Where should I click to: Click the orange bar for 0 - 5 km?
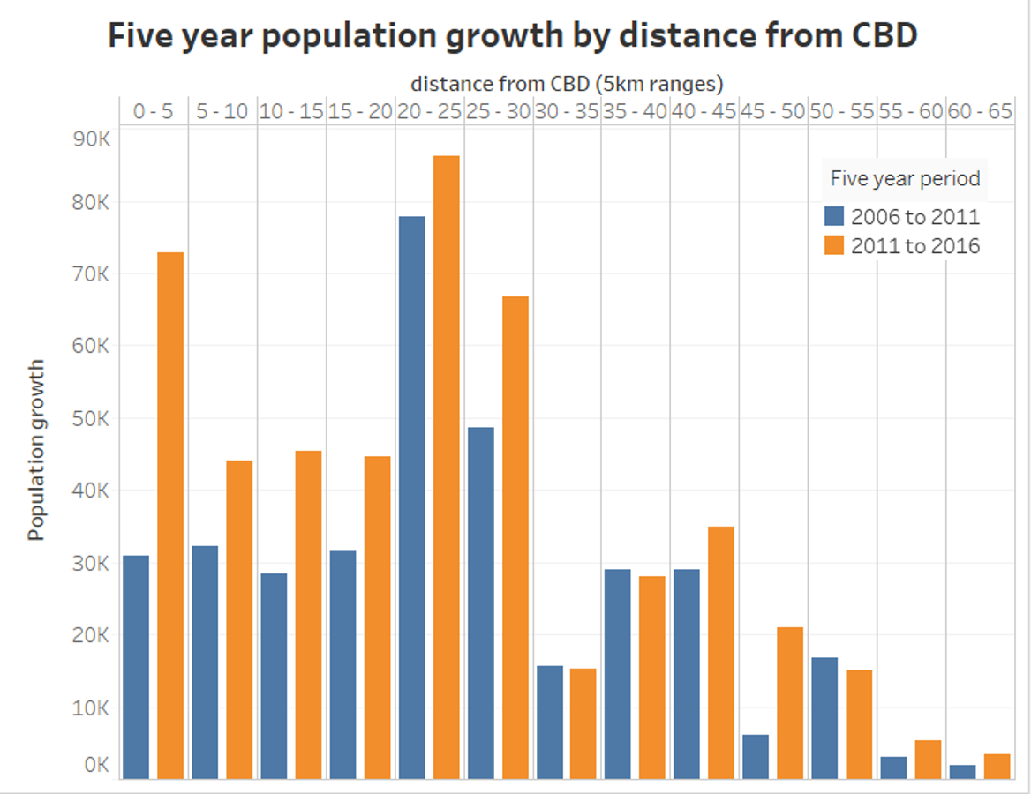pos(170,515)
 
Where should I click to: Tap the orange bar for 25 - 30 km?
pos(515,537)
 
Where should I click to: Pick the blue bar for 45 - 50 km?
pos(756,757)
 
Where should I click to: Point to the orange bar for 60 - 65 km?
pos(997,767)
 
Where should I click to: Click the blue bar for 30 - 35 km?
pos(549,723)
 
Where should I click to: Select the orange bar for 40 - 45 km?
pos(721,653)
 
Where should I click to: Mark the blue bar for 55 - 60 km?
pos(893,768)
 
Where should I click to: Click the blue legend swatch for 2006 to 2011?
pos(834,217)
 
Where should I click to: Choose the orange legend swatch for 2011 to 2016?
pos(834,246)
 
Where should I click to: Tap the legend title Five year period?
pos(905,179)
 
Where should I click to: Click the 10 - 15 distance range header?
pos(291,111)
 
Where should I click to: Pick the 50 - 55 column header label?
pos(842,111)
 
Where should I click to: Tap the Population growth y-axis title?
pos(36,449)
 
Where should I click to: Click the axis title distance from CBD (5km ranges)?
pos(567,84)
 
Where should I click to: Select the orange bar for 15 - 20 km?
pos(377,618)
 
